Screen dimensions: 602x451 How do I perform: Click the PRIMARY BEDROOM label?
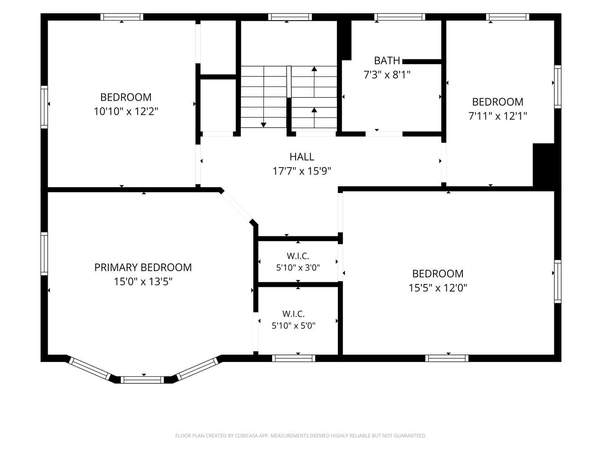click(143, 267)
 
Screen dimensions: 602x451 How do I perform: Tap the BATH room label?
click(387, 61)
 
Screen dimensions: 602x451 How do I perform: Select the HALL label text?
click(302, 157)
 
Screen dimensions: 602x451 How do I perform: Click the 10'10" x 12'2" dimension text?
click(126, 111)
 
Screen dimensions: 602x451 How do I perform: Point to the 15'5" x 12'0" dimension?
click(438, 288)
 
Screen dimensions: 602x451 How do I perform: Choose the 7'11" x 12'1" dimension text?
click(497, 116)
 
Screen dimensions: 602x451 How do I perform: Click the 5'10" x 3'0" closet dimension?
click(298, 268)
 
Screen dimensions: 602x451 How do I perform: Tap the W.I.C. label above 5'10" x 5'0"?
click(293, 314)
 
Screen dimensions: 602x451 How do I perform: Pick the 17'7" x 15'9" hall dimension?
click(302, 171)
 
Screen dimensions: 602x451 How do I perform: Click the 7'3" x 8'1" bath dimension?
click(387, 74)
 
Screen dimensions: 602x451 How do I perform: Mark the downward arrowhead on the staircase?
click(263, 125)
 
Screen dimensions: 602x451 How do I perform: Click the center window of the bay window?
click(142, 380)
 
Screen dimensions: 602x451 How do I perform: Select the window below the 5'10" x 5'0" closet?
click(293, 358)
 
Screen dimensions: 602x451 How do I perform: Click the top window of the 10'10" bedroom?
click(122, 17)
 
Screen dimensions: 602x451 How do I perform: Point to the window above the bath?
click(400, 17)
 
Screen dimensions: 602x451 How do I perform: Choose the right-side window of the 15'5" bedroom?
click(558, 281)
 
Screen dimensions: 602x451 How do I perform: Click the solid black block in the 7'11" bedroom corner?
click(546, 166)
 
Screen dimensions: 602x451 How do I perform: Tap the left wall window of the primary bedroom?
click(44, 253)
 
